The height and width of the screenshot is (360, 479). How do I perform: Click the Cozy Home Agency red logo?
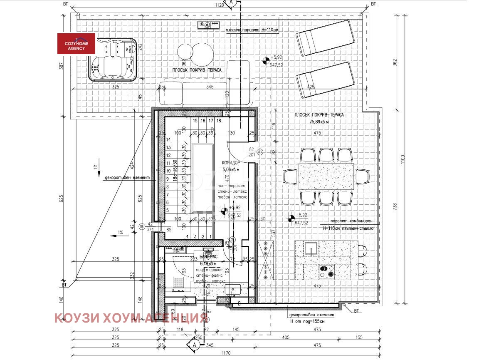(x=76, y=44)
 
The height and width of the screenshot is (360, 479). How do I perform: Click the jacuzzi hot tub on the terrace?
(x=113, y=59)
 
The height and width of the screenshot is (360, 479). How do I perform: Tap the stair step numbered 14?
(x=169, y=140)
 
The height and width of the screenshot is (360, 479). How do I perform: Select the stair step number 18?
(x=219, y=121)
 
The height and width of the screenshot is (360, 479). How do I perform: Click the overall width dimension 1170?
(x=225, y=353)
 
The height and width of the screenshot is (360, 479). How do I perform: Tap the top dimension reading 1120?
(x=220, y=5)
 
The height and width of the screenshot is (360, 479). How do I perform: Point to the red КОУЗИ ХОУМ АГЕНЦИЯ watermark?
(x=131, y=318)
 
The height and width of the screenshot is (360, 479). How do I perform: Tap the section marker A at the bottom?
(x=193, y=345)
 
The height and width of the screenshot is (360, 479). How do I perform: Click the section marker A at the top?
(x=232, y=3)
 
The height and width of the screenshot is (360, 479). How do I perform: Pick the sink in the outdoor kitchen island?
(x=310, y=248)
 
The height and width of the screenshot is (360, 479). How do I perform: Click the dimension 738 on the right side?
(x=395, y=206)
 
